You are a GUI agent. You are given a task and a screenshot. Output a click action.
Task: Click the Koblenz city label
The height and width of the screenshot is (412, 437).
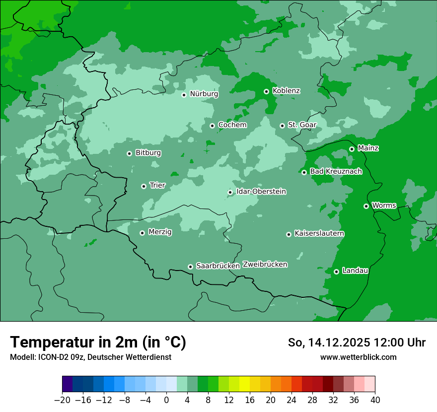[287, 91]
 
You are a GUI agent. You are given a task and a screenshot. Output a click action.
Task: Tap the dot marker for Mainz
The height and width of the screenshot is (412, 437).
[352, 149]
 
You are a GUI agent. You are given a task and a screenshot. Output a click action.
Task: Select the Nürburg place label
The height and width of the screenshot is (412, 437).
[204, 94]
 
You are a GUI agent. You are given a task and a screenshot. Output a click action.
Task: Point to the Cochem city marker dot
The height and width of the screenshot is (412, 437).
[212, 126]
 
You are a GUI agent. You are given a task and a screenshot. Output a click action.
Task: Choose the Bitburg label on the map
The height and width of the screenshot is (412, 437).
[148, 153]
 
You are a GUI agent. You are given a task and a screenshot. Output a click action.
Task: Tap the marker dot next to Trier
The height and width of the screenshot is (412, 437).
[144, 186]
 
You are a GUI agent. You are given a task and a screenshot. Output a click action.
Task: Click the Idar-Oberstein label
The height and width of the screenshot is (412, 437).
[261, 192]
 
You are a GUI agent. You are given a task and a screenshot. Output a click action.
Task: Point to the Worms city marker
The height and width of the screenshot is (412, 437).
[366, 206]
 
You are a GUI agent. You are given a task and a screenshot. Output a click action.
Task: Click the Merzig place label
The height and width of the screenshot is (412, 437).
[160, 232]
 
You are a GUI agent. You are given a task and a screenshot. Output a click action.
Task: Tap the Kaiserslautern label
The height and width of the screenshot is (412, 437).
[319, 233]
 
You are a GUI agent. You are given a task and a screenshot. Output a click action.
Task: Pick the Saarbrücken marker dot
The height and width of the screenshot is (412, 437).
[190, 267]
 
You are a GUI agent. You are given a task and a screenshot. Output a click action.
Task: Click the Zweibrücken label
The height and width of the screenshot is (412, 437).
[265, 265]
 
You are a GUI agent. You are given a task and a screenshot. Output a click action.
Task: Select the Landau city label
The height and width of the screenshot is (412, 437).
[356, 271]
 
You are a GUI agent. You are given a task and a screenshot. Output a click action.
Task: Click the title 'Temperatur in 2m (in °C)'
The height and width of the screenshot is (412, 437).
[98, 343]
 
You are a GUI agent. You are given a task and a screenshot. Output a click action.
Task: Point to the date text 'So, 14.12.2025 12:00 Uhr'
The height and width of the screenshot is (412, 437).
[357, 343]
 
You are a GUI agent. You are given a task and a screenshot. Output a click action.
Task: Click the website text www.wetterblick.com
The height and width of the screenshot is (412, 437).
[359, 357]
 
